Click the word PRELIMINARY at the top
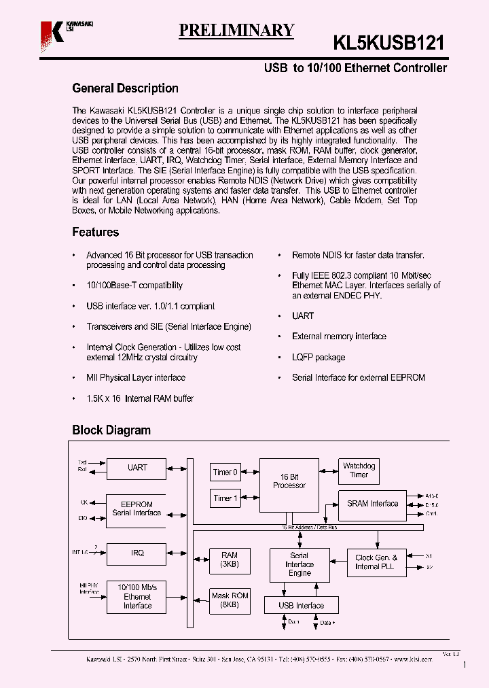[x=236, y=31]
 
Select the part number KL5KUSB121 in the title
[x=388, y=44]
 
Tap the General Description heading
[x=125, y=88]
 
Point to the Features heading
[x=95, y=233]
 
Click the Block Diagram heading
[x=111, y=430]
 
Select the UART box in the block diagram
[x=137, y=468]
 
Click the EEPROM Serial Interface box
[x=137, y=509]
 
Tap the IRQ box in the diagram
[x=137, y=553]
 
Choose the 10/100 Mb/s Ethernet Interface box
[x=137, y=596]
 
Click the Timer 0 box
[x=225, y=472]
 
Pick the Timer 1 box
[x=225, y=498]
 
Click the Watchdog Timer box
[x=358, y=470]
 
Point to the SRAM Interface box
[x=372, y=504]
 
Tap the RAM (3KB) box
[x=230, y=560]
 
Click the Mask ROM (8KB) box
[x=230, y=600]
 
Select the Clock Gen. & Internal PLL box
[x=376, y=562]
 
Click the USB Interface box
[x=301, y=605]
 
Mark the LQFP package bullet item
[x=318, y=358]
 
